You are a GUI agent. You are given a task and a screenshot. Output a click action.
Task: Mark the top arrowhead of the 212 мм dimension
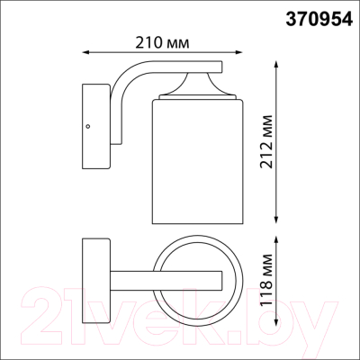[x=276, y=66]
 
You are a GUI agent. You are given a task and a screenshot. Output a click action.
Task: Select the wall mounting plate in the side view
[x=93, y=115]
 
